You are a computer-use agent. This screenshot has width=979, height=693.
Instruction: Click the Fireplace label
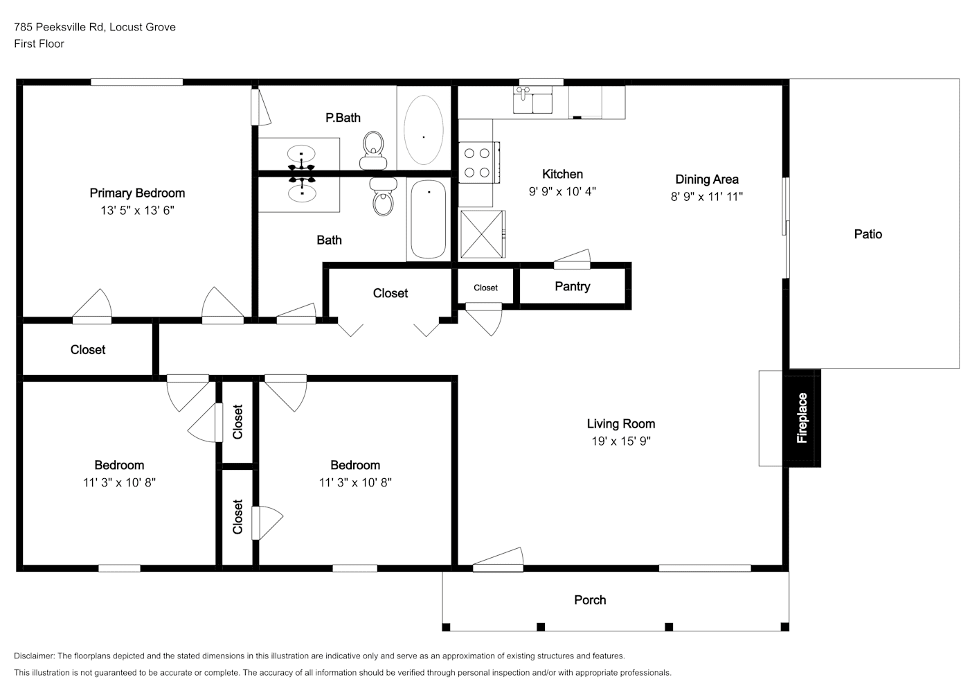coord(802,418)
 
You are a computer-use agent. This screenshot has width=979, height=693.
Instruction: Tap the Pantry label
coord(573,287)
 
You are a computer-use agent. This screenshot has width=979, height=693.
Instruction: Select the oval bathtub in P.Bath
coord(424,130)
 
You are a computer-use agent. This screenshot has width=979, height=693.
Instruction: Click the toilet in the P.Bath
coord(373,150)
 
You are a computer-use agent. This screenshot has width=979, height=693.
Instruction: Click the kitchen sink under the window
coord(532,100)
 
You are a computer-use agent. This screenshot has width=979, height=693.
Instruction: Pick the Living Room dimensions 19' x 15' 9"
coord(621,441)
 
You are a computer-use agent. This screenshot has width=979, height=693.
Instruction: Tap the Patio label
coord(868,234)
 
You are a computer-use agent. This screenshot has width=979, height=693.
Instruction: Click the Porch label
coord(590,600)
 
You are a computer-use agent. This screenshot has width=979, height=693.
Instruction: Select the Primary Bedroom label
coord(137,193)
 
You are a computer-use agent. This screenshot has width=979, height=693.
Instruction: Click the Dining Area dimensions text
coord(707,197)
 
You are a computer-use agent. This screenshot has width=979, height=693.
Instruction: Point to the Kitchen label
coord(562,174)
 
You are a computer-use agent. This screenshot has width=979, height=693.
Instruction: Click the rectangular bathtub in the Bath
coord(429,219)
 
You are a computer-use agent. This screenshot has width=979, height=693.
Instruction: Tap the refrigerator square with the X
coord(482,234)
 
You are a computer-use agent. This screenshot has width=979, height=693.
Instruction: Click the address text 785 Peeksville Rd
coord(59,27)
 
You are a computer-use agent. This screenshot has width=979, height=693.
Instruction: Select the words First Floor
coord(39,44)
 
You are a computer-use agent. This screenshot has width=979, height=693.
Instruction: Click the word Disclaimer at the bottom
coord(34,656)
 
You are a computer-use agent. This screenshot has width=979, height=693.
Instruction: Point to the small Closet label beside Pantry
coord(485,288)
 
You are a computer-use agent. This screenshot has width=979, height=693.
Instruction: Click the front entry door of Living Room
coord(498,560)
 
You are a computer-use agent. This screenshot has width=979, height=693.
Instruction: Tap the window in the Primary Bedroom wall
coord(137,82)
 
